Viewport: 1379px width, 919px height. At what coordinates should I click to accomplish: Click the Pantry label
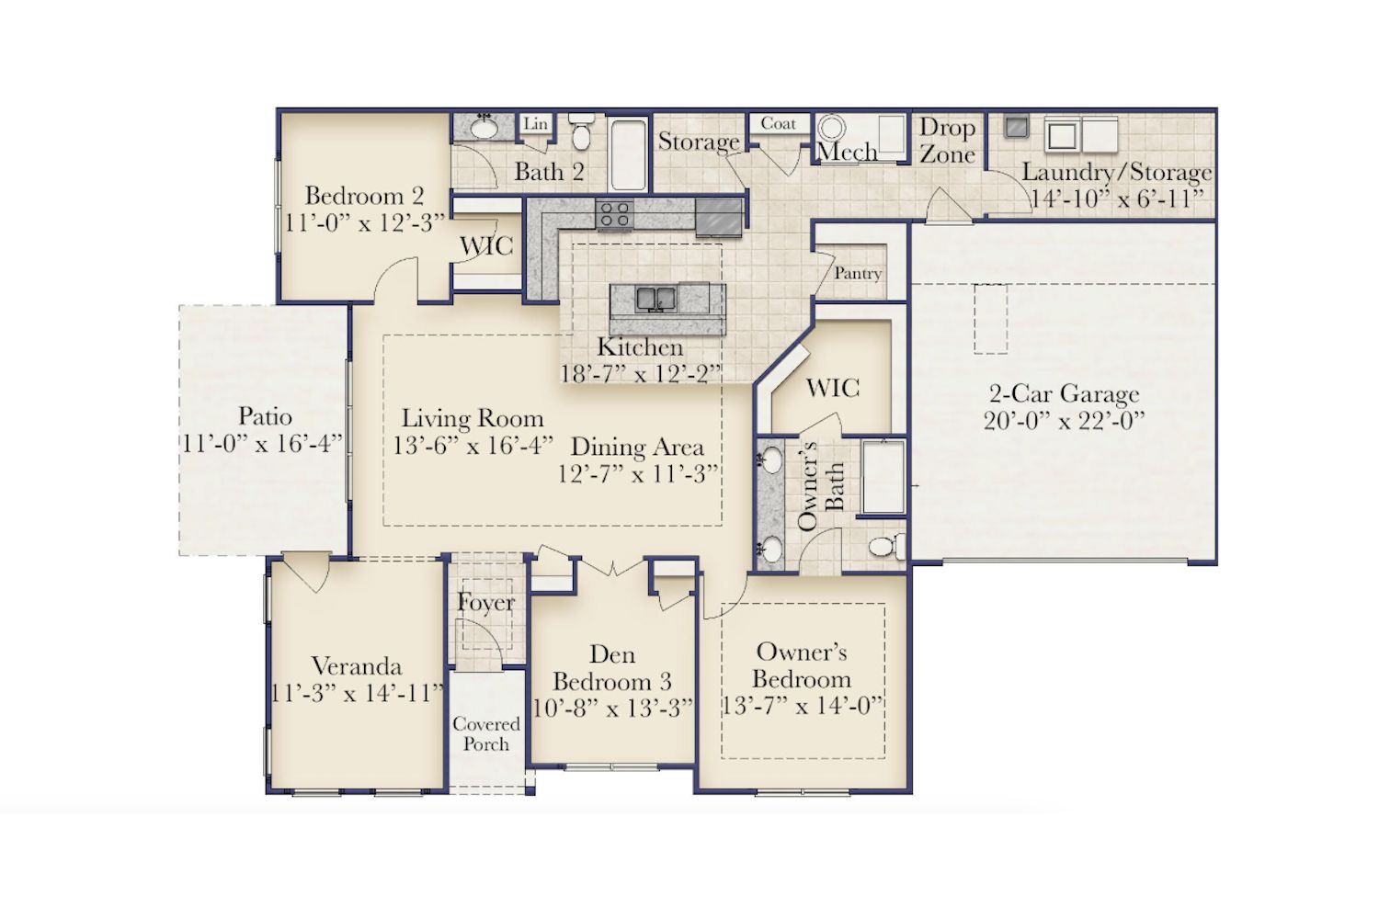858,273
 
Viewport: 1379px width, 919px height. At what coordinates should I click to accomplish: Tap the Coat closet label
778,124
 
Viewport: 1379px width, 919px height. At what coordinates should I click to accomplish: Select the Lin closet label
536,124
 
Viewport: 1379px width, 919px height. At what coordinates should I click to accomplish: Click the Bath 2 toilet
581,130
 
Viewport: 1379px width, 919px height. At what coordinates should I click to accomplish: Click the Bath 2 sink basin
484,128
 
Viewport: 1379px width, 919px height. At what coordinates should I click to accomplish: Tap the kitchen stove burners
614,213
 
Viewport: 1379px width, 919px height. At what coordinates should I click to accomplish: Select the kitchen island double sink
656,300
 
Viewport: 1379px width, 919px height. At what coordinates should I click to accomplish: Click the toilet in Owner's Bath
887,546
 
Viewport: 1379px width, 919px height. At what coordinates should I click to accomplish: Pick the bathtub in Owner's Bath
883,477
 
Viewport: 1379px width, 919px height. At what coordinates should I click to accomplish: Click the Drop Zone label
948,141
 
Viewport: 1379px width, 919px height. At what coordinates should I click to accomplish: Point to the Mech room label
847,152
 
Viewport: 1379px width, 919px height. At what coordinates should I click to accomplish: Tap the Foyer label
485,603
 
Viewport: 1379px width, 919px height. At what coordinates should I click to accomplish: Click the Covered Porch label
486,734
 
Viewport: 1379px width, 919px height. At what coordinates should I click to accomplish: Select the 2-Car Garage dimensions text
1065,422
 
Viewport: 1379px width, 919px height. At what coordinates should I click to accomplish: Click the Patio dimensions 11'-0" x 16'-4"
263,444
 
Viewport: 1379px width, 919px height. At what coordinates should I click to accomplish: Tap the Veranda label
357,666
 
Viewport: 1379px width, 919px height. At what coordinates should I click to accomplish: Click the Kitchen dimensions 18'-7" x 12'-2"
640,374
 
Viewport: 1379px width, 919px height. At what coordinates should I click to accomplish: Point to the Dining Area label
638,447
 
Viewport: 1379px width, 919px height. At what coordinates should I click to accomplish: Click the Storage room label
699,142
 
